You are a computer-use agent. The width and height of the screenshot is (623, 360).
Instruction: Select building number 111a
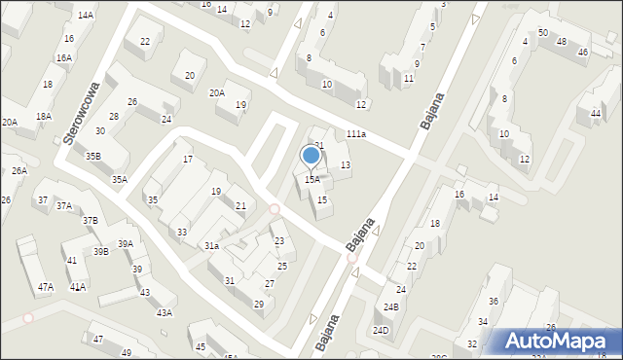355,134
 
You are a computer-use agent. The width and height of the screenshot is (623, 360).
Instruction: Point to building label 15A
311,180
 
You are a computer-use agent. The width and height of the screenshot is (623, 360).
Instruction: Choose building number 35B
92,156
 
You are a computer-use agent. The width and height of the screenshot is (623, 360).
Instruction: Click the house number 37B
90,221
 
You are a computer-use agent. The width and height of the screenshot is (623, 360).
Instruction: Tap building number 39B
100,252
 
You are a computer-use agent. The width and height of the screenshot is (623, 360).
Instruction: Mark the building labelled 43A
165,312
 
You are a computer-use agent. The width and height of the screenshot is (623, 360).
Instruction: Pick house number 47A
46,287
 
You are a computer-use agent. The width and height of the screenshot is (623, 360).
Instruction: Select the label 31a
211,246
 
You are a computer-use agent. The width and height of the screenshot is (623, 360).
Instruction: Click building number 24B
391,307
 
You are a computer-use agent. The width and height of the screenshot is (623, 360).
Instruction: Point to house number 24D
381,331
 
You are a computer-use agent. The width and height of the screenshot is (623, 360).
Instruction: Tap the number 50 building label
542,33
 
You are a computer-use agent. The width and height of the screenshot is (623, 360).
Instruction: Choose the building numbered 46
582,52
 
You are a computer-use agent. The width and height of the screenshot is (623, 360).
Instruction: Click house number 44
595,114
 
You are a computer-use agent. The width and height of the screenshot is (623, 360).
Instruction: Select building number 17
187,160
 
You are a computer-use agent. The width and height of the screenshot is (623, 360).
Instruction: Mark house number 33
182,232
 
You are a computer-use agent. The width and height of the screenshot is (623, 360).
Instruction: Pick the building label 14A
86,16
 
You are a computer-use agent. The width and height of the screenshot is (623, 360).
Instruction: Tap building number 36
494,302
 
